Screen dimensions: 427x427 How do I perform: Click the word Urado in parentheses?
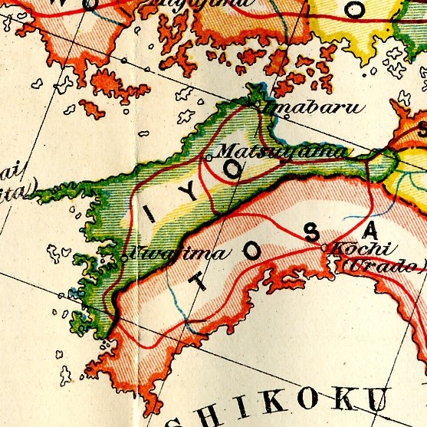[380, 266]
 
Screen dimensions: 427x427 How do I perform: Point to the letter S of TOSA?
[310, 235]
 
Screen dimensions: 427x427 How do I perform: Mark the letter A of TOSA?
[371, 229]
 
